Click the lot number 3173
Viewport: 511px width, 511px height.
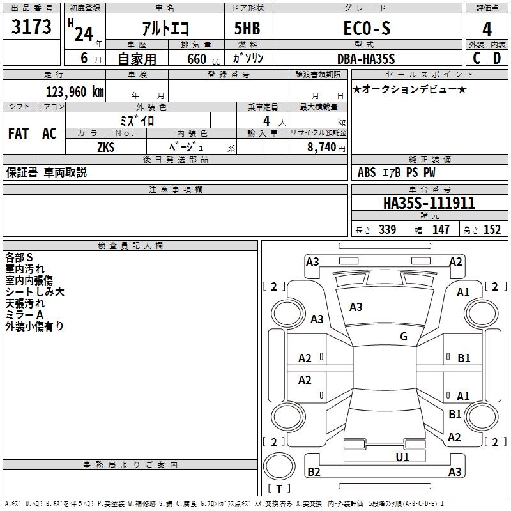(31, 27)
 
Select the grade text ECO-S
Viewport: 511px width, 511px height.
(367, 29)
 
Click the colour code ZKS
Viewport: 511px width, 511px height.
(105, 147)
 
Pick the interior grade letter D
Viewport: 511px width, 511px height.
(497, 58)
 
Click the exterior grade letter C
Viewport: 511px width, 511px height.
(477, 58)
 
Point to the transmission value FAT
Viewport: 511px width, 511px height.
(18, 133)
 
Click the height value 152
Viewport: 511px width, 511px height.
(491, 229)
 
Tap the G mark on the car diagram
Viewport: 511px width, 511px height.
(404, 337)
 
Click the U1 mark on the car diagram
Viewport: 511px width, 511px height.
(402, 457)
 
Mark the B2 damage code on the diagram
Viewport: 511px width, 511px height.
(314, 472)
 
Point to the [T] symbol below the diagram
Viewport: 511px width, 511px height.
(279, 489)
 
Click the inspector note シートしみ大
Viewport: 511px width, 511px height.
(34, 292)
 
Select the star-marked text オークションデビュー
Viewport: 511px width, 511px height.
(409, 89)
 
